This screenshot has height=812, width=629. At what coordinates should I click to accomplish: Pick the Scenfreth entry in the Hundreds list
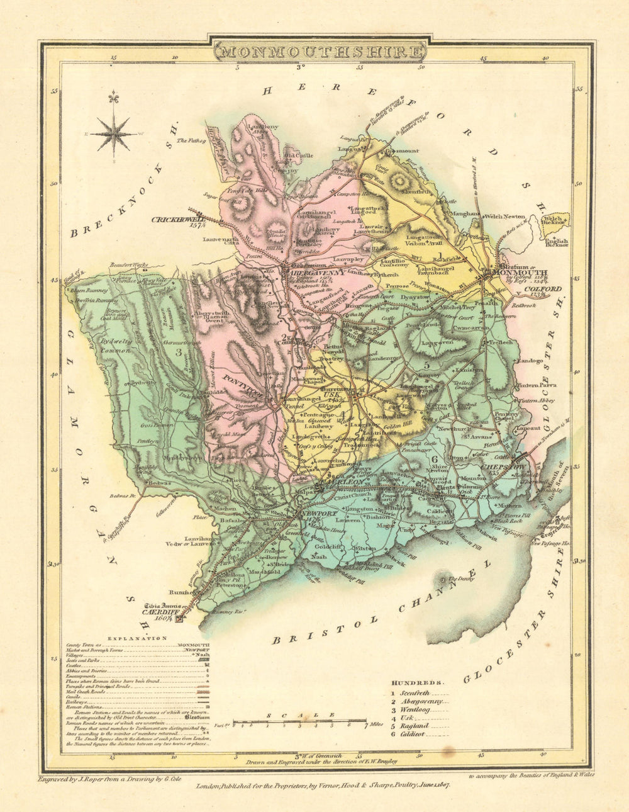tap(415, 692)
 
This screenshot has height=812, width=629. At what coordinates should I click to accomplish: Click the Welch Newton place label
tap(504, 216)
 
